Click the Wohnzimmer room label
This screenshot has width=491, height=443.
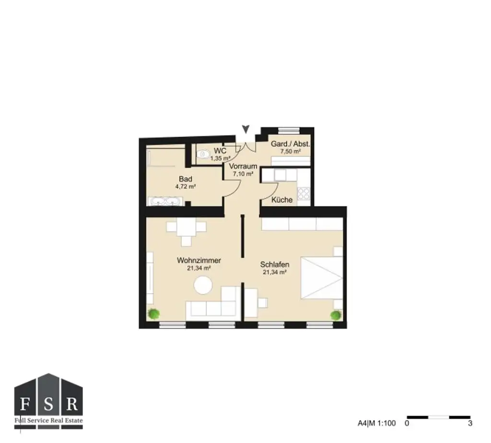tap(199, 261)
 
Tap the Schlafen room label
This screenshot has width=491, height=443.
tap(274, 264)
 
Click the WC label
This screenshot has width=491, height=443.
tap(220, 151)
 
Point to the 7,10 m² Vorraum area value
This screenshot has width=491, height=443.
tap(243, 174)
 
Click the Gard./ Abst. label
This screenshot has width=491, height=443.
tap(290, 144)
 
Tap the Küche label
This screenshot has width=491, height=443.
tap(282, 200)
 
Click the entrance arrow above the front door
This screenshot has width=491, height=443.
tap(246, 129)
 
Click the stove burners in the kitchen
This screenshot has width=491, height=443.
tap(303, 193)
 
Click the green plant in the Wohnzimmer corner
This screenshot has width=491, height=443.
tap(153, 314)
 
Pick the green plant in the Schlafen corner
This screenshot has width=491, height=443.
tap(335, 315)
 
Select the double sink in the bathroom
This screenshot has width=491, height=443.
tap(164, 202)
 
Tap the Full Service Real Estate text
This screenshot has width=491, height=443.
tap(48, 420)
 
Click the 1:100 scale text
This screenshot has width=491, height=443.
tap(386, 423)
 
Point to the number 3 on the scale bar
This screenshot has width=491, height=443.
tap(470, 423)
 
